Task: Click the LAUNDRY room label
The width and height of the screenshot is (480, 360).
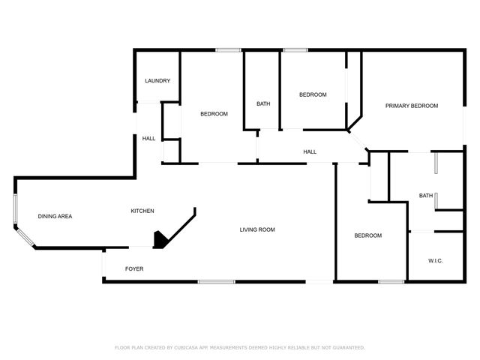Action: coord(157,81)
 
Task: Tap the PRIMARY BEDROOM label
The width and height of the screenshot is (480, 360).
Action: coord(412,106)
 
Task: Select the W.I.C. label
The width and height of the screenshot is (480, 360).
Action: coord(435,261)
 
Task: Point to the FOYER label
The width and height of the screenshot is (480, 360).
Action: coord(134,268)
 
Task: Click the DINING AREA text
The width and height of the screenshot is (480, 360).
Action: coord(55,216)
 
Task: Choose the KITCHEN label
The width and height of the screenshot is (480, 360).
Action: coord(143,211)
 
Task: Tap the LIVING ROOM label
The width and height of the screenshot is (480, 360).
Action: coord(257,229)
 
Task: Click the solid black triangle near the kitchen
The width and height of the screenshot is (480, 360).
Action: coord(160,240)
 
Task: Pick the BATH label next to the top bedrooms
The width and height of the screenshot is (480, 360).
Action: coord(263,104)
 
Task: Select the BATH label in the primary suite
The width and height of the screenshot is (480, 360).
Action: coord(425,196)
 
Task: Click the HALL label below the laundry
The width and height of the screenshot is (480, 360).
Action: coord(149,138)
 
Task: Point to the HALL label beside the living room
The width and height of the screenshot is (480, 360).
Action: coord(310,152)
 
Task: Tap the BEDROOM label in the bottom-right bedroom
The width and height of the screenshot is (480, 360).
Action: coord(368,235)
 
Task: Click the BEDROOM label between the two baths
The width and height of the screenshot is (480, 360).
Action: coord(313,94)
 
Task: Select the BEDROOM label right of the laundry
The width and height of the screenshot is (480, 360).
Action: coord(214,114)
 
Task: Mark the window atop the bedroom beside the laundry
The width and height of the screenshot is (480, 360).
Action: coord(228,50)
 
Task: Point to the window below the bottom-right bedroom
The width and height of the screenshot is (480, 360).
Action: coord(390,282)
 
